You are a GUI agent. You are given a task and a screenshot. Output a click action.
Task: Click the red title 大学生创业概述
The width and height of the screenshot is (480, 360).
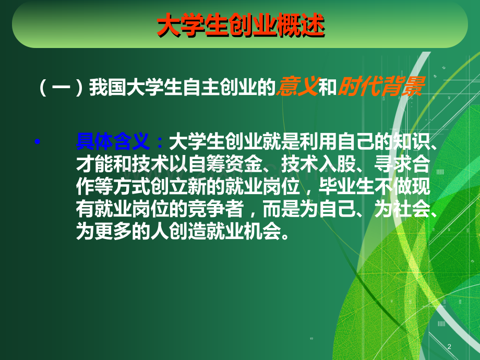(241, 26)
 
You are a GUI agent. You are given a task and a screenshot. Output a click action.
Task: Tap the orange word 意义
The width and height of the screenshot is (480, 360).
(297, 87)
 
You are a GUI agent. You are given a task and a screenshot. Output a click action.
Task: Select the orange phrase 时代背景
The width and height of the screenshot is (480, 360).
(381, 87)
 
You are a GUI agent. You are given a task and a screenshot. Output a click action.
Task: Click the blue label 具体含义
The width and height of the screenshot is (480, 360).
(113, 142)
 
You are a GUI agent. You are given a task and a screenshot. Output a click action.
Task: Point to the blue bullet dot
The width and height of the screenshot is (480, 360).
(38, 142)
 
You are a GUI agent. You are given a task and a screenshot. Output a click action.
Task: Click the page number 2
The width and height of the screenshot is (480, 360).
(449, 346)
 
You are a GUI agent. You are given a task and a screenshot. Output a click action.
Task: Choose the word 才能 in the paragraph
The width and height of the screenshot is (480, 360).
(94, 164)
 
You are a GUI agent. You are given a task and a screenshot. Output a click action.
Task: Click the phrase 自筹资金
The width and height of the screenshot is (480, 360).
(225, 164)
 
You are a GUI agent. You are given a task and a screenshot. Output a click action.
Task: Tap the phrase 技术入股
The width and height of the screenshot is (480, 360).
(318, 164)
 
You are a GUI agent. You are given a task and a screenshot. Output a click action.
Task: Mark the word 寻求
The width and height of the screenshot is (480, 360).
(393, 164)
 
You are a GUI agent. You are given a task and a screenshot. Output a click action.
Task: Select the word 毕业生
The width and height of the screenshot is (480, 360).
(346, 186)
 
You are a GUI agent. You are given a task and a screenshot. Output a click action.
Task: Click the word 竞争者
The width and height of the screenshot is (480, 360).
(216, 209)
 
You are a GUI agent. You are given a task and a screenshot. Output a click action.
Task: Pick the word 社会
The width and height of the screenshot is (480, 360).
(411, 209)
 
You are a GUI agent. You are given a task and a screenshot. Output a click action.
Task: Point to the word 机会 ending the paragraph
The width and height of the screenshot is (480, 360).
(262, 231)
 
